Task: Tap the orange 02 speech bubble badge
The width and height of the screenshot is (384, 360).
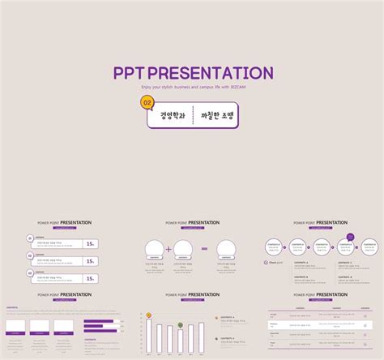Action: coord(147,103)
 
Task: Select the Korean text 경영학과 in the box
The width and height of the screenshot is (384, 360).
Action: coord(172,116)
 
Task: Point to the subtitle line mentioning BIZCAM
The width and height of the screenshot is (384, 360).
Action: coord(192,86)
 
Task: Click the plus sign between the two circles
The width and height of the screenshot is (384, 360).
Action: coord(169,249)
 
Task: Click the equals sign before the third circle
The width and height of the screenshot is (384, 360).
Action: coord(204,249)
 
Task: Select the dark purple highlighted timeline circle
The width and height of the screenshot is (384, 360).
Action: coord(350,238)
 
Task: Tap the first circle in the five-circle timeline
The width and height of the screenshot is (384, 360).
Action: coord(274,246)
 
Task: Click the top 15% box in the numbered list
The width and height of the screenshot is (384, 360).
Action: coord(91,242)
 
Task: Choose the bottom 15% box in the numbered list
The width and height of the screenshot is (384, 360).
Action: coord(91,278)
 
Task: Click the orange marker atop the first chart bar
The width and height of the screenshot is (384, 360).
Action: coord(149,315)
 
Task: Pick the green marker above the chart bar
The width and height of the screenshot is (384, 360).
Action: coord(180,324)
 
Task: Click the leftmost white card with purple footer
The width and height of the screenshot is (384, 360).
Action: coord(16,326)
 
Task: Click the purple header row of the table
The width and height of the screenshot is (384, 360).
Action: coord(322,308)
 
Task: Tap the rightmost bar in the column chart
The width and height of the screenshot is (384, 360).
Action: coord(201,338)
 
